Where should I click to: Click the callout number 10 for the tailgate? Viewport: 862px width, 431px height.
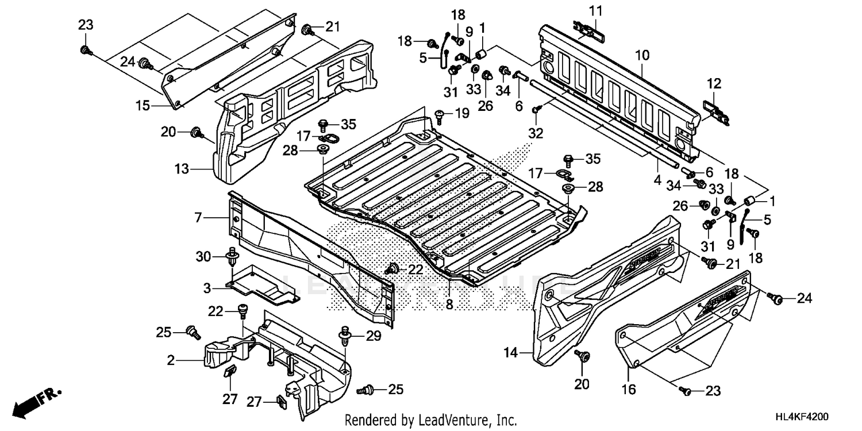tap(642, 56)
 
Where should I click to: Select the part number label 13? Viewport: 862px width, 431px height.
tap(182, 169)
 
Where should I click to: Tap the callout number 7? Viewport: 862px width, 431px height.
tap(198, 218)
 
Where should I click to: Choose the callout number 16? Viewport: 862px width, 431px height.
tap(628, 390)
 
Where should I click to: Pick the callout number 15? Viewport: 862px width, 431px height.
tap(143, 105)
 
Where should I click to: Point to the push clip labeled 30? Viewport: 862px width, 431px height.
tap(233, 256)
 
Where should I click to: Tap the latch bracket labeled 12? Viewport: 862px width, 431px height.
tap(715, 111)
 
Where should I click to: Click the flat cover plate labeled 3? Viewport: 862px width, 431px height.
tap(261, 285)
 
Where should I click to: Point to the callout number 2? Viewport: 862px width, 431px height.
tap(171, 361)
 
